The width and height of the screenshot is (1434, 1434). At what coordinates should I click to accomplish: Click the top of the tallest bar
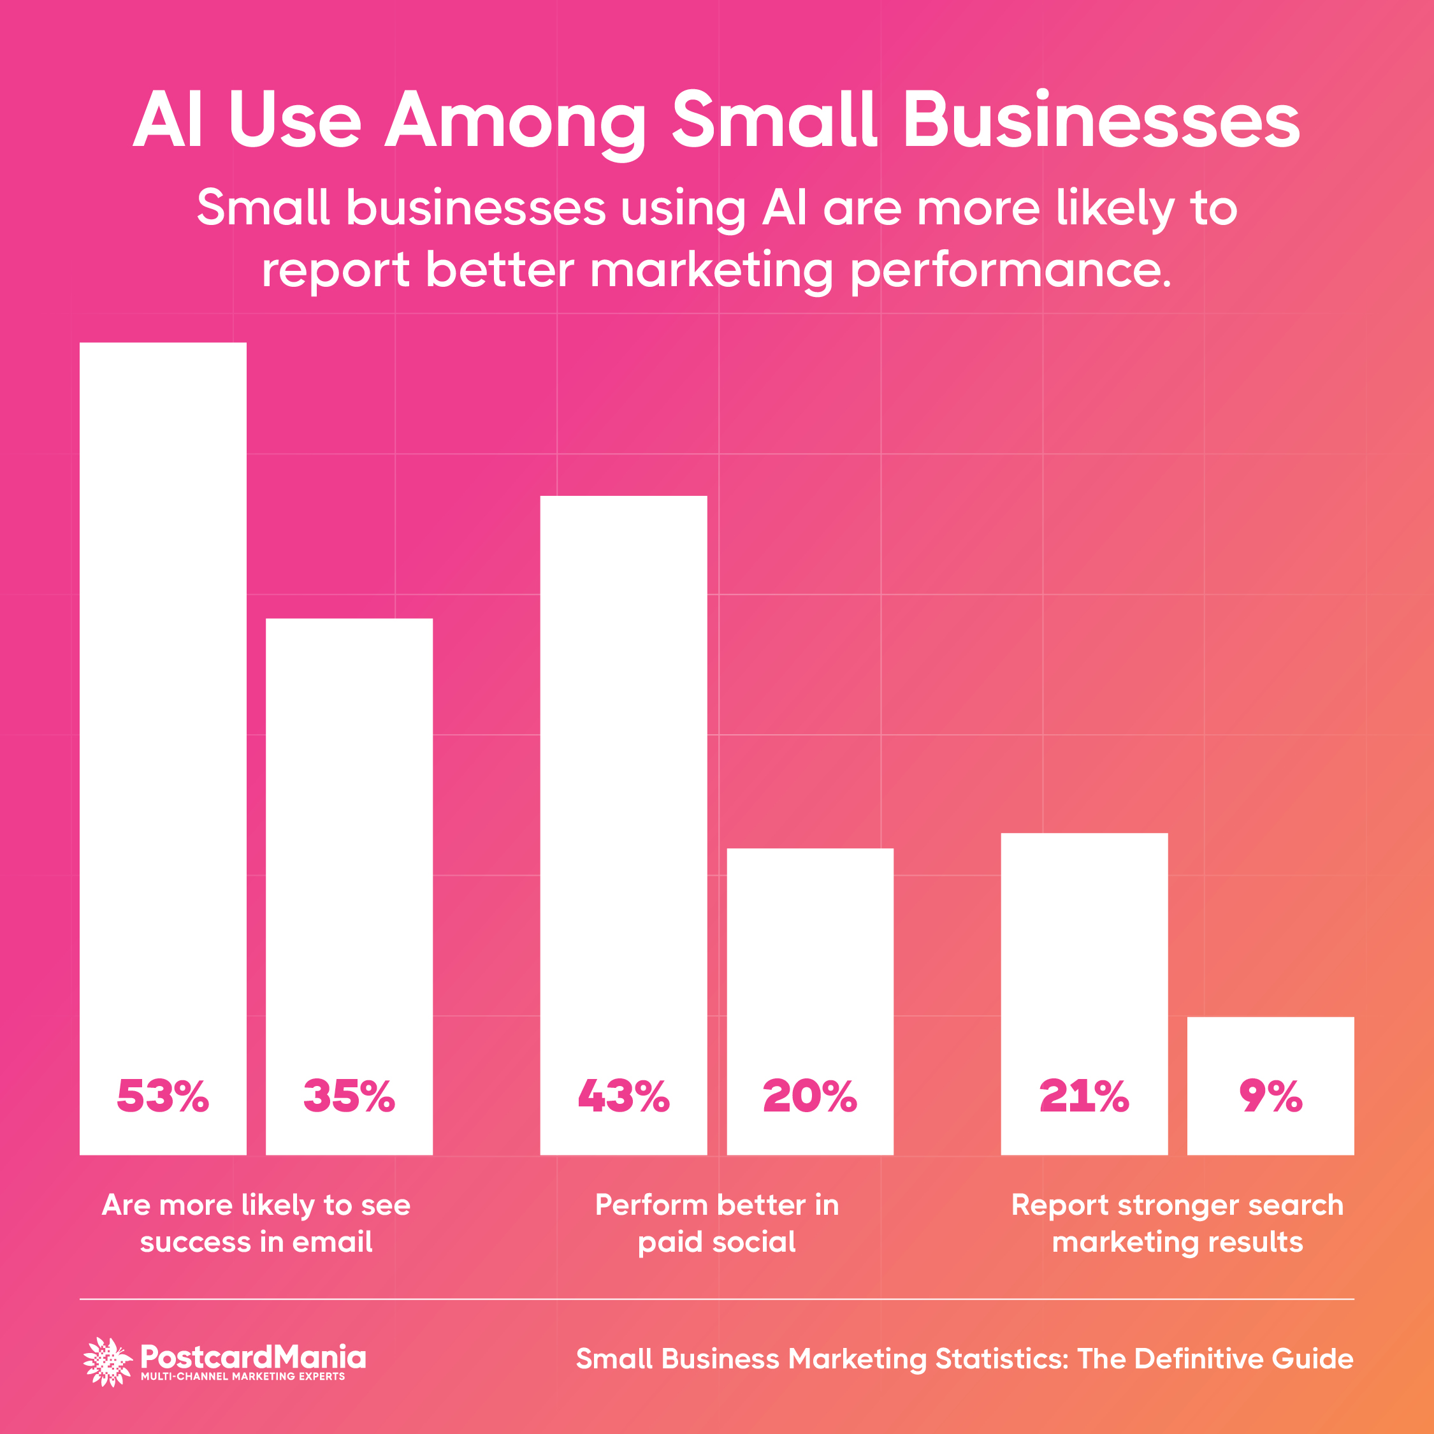pos(163,344)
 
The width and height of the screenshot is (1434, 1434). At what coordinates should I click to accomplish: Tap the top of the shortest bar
pos(1270,1018)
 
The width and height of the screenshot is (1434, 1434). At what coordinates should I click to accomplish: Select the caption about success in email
pos(256,1223)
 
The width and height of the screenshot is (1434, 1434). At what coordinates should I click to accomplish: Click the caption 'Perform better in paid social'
pos(716,1223)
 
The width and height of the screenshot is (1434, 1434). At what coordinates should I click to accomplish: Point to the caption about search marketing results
pos(1177,1223)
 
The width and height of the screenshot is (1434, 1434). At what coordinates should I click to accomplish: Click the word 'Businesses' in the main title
pos(1101,121)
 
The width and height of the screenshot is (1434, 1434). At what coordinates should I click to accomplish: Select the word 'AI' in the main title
pos(168,121)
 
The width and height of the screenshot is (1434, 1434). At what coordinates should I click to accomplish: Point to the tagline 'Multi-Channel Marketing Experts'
pos(243,1377)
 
